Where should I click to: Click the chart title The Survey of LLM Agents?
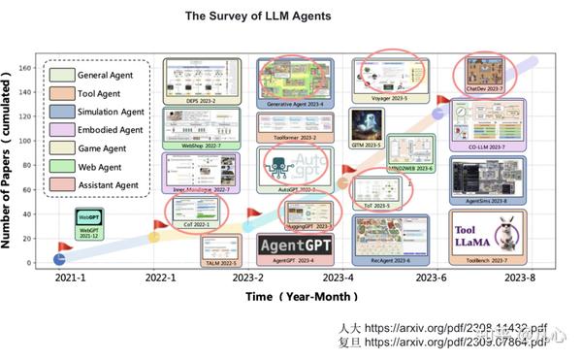[x=257, y=16]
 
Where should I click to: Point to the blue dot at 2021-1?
[x=59, y=258]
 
